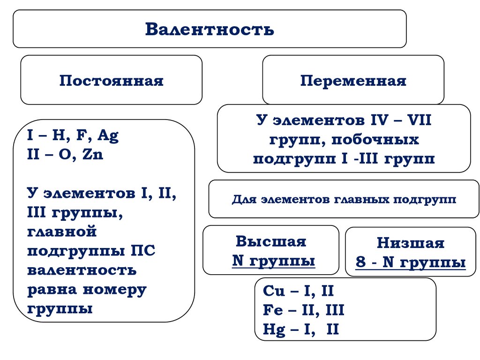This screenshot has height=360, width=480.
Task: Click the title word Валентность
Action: click(209, 29)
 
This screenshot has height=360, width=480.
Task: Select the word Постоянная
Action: click(111, 81)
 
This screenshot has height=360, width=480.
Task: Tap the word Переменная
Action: click(353, 81)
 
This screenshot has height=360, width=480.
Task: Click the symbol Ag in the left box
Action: click(108, 136)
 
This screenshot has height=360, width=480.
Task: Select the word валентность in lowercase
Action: click(82, 270)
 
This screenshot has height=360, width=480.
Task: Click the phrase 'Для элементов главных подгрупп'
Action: click(344, 199)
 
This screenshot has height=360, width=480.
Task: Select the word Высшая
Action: click(270, 241)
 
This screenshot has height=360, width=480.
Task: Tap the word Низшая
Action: click(410, 243)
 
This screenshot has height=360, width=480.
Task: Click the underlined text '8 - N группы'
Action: click(410, 262)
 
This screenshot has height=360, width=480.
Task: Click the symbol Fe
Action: click(273, 310)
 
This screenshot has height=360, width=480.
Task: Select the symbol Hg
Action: click(274, 330)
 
